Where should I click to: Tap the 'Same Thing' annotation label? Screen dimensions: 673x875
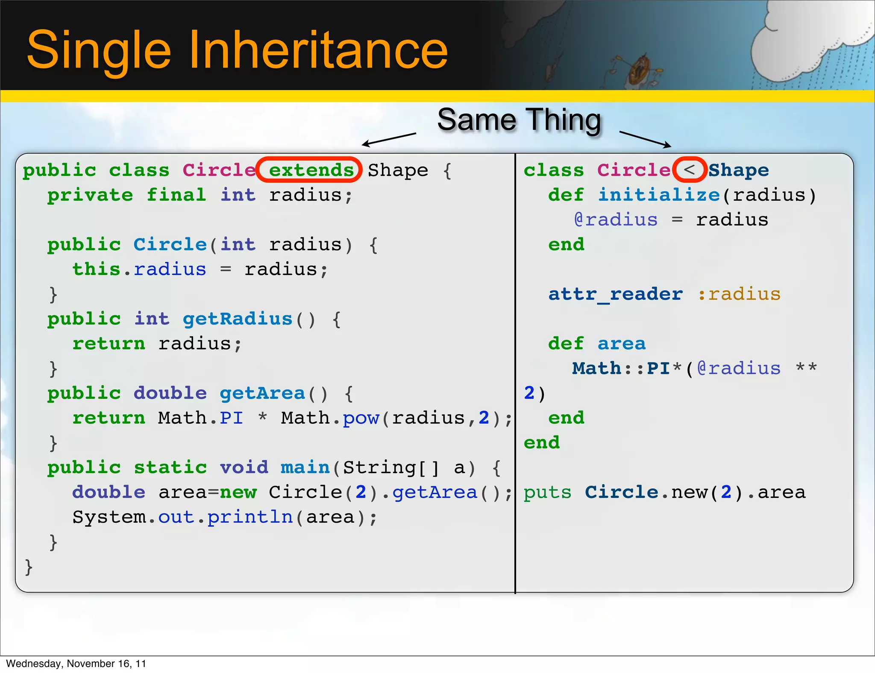pos(519,120)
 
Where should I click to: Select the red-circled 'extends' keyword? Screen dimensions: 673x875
pos(311,170)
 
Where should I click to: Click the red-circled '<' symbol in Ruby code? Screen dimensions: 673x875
pos(689,170)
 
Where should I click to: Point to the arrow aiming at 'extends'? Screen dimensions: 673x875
pos(389,139)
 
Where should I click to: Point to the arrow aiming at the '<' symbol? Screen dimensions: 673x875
pos(645,139)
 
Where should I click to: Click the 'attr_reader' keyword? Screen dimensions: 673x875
pos(615,294)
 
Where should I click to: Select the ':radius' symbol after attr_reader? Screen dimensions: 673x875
pos(739,294)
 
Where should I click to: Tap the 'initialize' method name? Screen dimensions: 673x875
pos(659,195)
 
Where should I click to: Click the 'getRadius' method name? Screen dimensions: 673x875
pos(238,319)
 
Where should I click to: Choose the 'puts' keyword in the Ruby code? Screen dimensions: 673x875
pos(547,492)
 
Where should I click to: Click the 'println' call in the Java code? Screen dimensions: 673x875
pos(250,517)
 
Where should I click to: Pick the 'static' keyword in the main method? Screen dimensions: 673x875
pos(170,468)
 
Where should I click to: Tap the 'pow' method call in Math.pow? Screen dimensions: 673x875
pos(361,418)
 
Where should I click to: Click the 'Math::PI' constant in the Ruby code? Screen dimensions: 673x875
pos(621,369)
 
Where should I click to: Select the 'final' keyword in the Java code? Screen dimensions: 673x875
pos(176,195)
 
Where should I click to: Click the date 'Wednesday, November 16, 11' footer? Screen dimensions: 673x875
pos(76,664)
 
